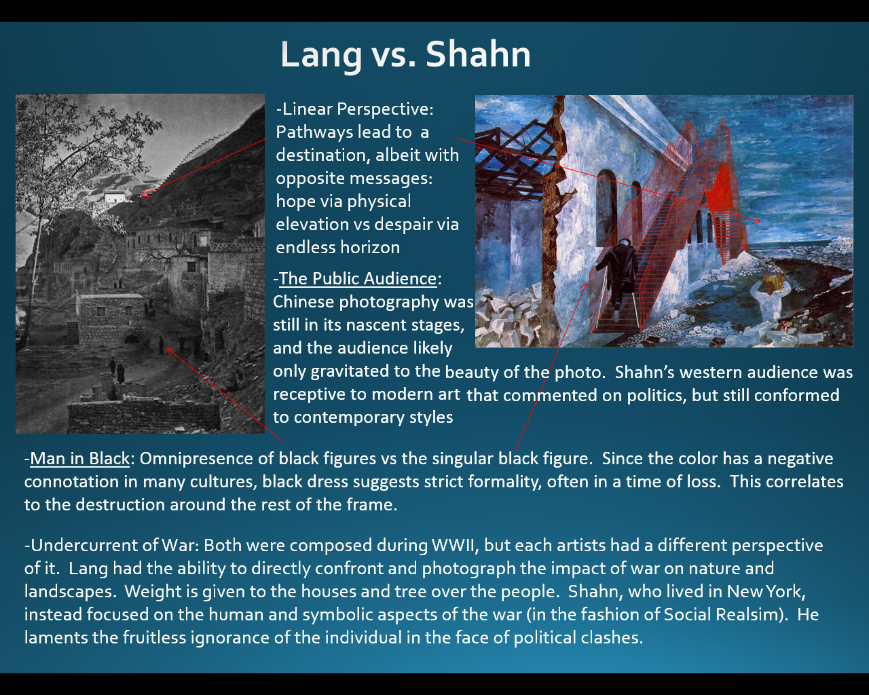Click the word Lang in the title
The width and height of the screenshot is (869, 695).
[321, 56]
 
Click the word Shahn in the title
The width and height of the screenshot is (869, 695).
[478, 54]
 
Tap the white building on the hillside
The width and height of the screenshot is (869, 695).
[116, 196]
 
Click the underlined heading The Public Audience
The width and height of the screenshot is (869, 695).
[358, 279]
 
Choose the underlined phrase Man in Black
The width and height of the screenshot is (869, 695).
[79, 458]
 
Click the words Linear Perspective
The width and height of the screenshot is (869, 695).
[354, 109]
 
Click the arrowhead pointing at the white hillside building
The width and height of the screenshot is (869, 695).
[143, 194]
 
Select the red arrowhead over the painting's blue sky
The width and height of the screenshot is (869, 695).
[756, 220]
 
